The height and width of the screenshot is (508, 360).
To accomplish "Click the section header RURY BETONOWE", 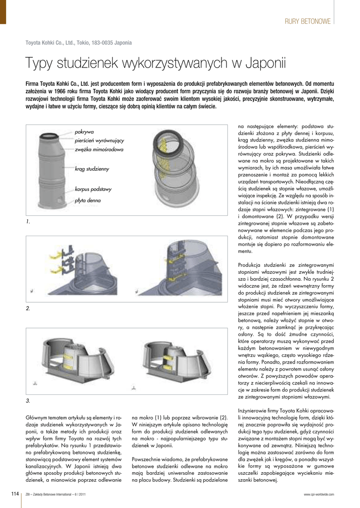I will tap(307, 21).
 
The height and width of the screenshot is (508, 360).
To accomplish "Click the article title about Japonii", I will tap(155, 63).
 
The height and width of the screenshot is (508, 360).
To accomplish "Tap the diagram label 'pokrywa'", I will tap(84, 132).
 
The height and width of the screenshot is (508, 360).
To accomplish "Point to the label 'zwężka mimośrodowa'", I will tap(99, 149).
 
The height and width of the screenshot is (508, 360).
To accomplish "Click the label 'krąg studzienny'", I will tap(91, 169).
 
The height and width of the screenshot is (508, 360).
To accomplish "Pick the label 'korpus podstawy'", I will tap(93, 189).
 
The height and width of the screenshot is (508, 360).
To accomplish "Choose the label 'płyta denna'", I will tap(87, 200).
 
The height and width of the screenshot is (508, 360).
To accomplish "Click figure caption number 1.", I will tap(28, 221).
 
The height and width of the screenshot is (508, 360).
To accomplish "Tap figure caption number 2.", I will tap(28, 309).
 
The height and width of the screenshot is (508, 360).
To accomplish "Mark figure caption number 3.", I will tap(28, 400).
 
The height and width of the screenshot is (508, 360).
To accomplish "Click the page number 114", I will tap(15, 494).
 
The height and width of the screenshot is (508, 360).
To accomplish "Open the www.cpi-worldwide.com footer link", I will tap(319, 494).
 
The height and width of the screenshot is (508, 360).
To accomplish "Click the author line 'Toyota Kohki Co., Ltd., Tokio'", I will tap(78, 43).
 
